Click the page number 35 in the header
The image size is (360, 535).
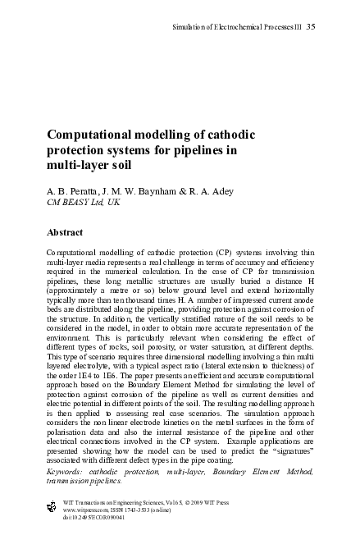(311, 29)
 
